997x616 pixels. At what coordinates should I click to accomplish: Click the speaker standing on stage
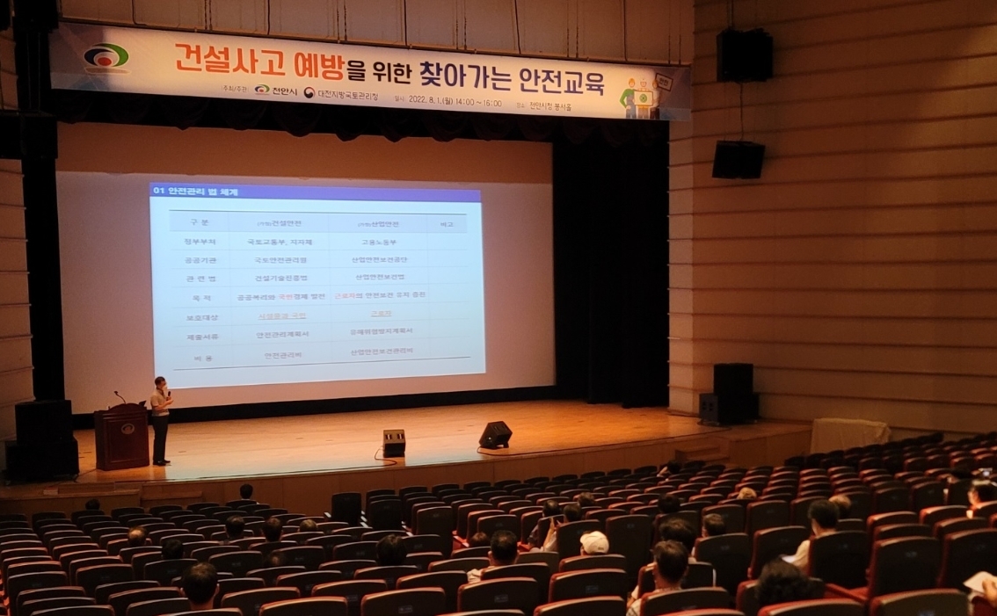160,419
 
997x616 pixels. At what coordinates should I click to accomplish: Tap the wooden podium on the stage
121,436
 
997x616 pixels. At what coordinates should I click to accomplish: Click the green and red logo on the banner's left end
106,57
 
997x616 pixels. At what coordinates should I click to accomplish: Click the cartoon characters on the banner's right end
646,95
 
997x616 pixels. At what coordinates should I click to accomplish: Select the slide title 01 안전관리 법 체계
196,192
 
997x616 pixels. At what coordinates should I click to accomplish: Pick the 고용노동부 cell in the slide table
380,242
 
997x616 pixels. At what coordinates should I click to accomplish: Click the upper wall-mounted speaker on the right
744,55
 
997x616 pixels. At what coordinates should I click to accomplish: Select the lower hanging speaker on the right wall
738,159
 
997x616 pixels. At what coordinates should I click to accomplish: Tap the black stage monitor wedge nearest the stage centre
495,434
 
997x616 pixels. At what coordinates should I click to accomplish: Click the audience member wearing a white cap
594,542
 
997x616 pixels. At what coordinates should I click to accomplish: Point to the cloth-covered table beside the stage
848,434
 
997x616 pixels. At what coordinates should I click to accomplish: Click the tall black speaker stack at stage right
732,393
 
